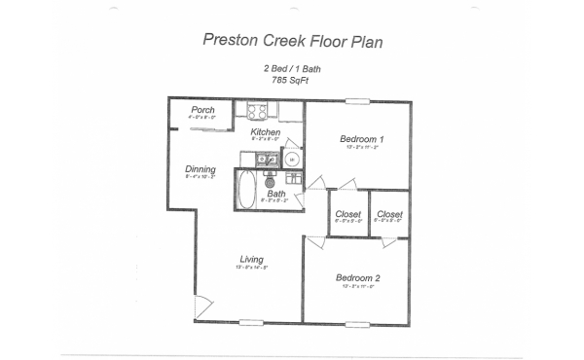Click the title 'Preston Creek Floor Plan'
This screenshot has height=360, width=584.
(291, 40)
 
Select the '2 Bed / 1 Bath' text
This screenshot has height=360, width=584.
(291, 68)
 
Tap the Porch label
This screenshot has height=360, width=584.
(202, 110)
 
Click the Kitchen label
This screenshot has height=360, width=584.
(266, 132)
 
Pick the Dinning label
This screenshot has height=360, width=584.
(200, 169)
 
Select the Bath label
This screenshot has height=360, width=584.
(276, 194)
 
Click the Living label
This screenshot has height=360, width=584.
(252, 259)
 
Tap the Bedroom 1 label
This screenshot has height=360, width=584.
(360, 138)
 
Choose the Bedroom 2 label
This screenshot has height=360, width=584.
(359, 278)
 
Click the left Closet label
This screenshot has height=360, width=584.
(346, 214)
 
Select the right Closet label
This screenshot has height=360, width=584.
(389, 214)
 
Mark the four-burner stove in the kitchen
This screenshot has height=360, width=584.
(258, 111)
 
